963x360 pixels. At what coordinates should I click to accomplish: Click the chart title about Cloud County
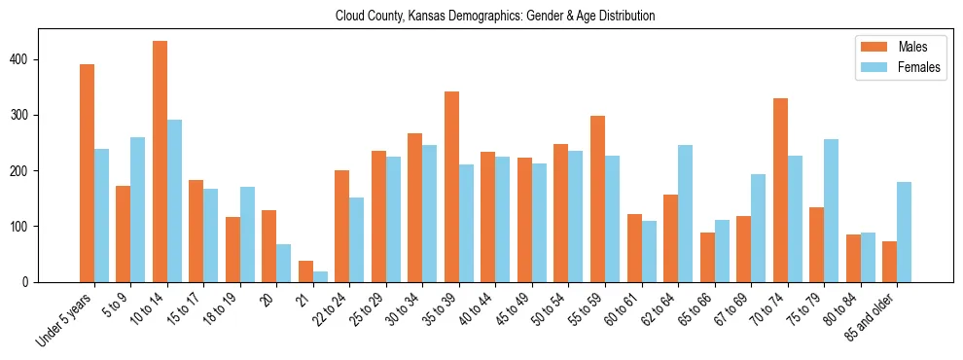(x=495, y=17)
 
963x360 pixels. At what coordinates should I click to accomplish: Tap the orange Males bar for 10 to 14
(x=160, y=162)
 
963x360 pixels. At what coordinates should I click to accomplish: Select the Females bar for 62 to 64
(x=685, y=213)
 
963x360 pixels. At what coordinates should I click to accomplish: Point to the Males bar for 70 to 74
(x=780, y=190)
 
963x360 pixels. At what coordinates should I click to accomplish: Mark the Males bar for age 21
(x=305, y=271)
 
